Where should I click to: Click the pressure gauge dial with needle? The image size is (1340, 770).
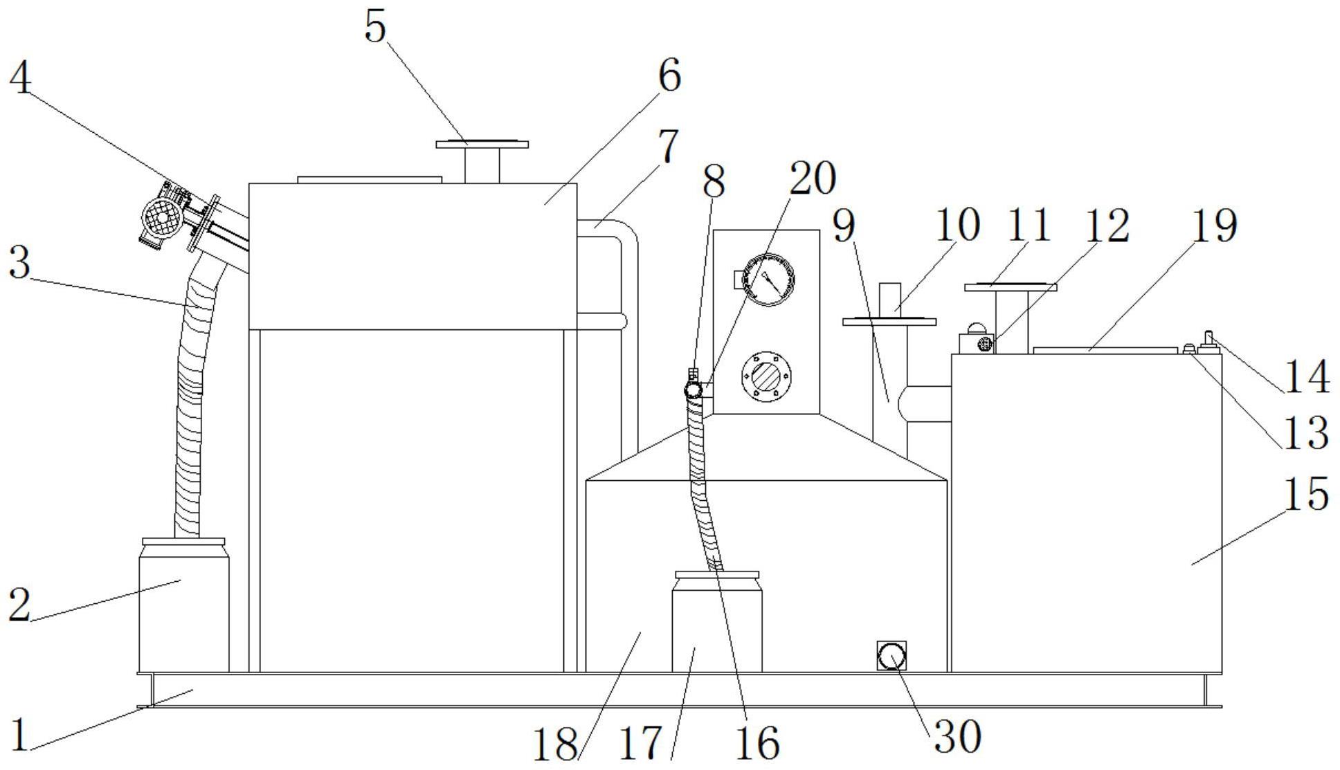tap(768, 280)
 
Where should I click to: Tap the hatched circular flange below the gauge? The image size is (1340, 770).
tap(766, 377)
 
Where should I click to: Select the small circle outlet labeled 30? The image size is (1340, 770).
tap(891, 656)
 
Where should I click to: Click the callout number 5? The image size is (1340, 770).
tap(374, 28)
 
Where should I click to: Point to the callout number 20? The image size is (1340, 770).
tap(812, 178)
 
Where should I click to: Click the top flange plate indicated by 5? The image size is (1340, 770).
tap(482, 145)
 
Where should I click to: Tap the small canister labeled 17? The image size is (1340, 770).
tap(716, 623)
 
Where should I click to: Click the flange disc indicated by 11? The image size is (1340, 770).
tap(1010, 287)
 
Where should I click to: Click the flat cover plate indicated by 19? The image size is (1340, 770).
tap(1104, 350)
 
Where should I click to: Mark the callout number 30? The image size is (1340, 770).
tap(958, 737)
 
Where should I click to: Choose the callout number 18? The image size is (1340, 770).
tap(554, 745)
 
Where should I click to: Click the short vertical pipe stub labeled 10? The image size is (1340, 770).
tap(890, 300)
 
